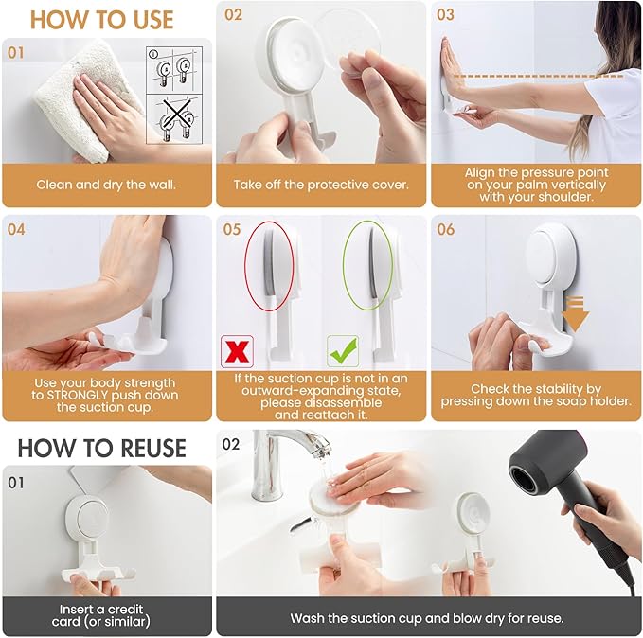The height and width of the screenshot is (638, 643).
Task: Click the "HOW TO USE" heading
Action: pos(102,19)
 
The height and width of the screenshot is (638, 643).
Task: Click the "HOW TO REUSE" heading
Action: pos(101,448)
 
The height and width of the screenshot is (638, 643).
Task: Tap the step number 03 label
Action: pos(446,14)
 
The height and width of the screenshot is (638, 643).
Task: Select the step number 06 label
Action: pos(446,229)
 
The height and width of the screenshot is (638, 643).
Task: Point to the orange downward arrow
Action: pos(576,312)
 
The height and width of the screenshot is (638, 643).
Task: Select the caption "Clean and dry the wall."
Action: pos(107,185)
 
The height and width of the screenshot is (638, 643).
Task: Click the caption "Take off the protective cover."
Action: pos(321,185)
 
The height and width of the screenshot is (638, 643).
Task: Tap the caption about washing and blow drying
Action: pos(427,618)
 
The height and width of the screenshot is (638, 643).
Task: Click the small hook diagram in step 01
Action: pos(170,96)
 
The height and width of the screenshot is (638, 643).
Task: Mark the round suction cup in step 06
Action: pos(555,255)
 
